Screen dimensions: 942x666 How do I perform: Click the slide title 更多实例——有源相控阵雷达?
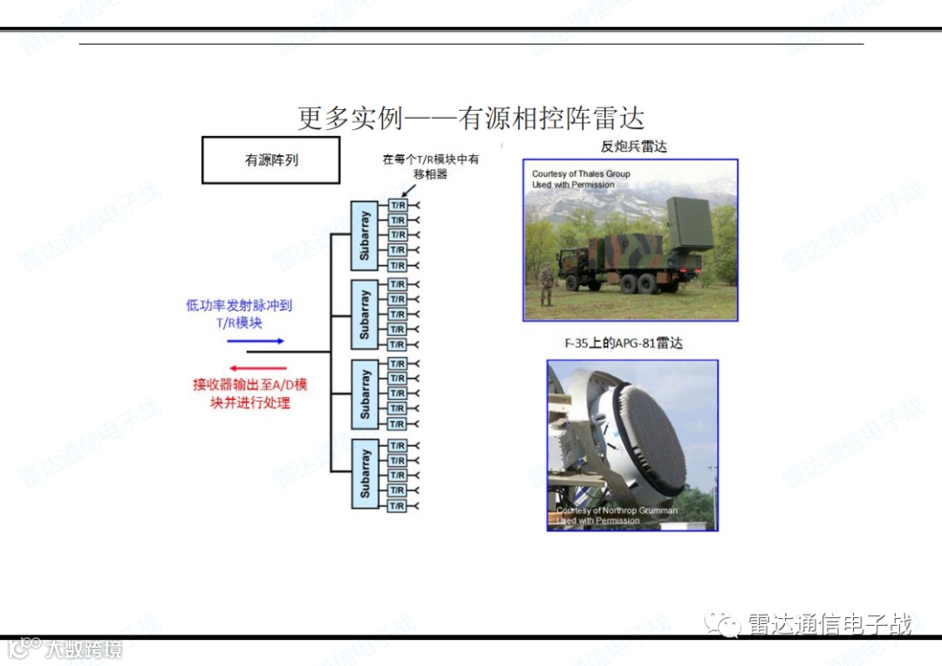[x=471, y=118]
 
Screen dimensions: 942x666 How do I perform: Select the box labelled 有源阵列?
[x=270, y=160]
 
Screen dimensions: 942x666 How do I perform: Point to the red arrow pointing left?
[x=257, y=368]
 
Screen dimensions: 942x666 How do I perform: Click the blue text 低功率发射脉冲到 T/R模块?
[x=239, y=314]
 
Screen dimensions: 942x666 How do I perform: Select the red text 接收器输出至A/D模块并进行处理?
[x=249, y=394]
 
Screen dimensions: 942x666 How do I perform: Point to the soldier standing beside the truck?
[x=546, y=285]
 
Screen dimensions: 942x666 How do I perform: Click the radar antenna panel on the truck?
[x=688, y=224]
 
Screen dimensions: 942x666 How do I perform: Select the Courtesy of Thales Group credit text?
[x=581, y=179]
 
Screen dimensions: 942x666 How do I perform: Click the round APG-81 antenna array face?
[x=651, y=436]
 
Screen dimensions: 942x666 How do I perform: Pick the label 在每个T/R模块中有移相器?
[x=430, y=167]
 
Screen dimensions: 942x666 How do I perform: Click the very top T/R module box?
[x=398, y=205]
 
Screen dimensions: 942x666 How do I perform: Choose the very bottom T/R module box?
[x=398, y=506]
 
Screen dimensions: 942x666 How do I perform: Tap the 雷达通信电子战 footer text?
[x=829, y=625]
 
